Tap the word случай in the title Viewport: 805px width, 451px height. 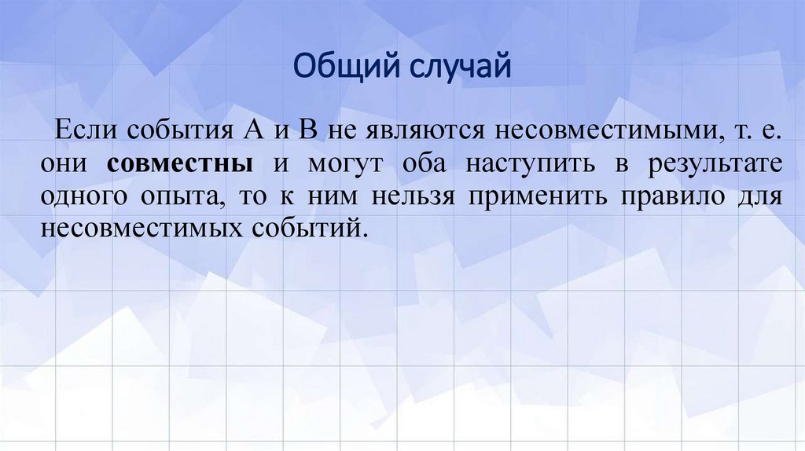click(458, 67)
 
